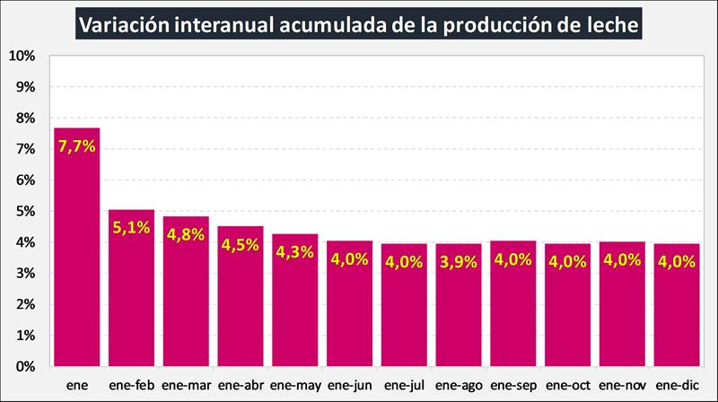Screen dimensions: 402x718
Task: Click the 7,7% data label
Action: [76, 146]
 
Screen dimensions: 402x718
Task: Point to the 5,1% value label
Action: [131, 228]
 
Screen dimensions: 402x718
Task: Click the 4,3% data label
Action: [294, 252]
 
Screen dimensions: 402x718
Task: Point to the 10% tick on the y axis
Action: [21, 56]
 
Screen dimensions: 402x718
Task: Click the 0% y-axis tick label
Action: [24, 366]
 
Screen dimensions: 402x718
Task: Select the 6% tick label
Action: [24, 180]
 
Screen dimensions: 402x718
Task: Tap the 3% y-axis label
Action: [24, 273]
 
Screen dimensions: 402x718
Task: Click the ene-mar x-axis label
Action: [186, 383]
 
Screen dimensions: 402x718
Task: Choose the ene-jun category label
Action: [349, 383]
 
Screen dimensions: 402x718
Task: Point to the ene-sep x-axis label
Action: [513, 383]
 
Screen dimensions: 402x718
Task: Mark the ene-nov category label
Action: [623, 383]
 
